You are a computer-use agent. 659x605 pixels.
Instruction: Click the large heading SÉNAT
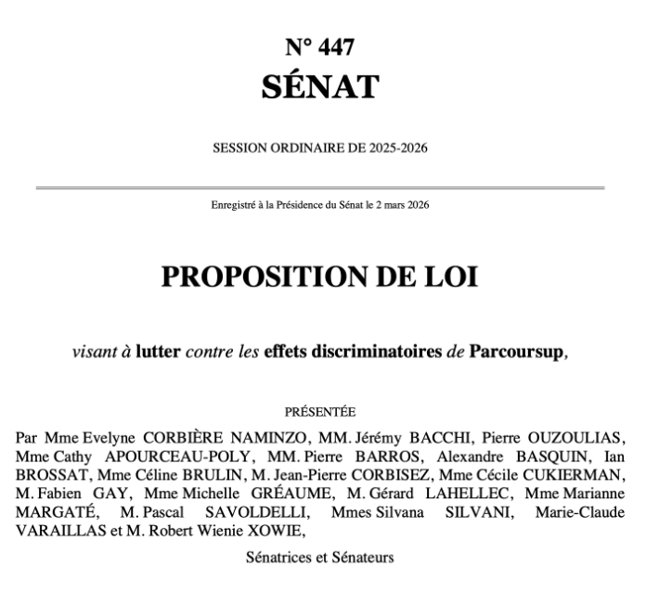pyautogui.click(x=319, y=87)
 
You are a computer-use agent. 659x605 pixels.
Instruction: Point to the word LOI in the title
pyautogui.click(x=453, y=277)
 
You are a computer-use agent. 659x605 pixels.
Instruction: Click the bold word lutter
pyautogui.click(x=159, y=353)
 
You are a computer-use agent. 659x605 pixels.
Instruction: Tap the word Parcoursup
pyautogui.click(x=515, y=353)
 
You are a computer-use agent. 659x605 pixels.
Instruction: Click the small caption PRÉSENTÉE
pyautogui.click(x=319, y=411)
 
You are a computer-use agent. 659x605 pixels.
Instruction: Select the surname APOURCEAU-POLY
pyautogui.click(x=157, y=457)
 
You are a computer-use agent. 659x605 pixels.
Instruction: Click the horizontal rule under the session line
pyautogui.click(x=319, y=188)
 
